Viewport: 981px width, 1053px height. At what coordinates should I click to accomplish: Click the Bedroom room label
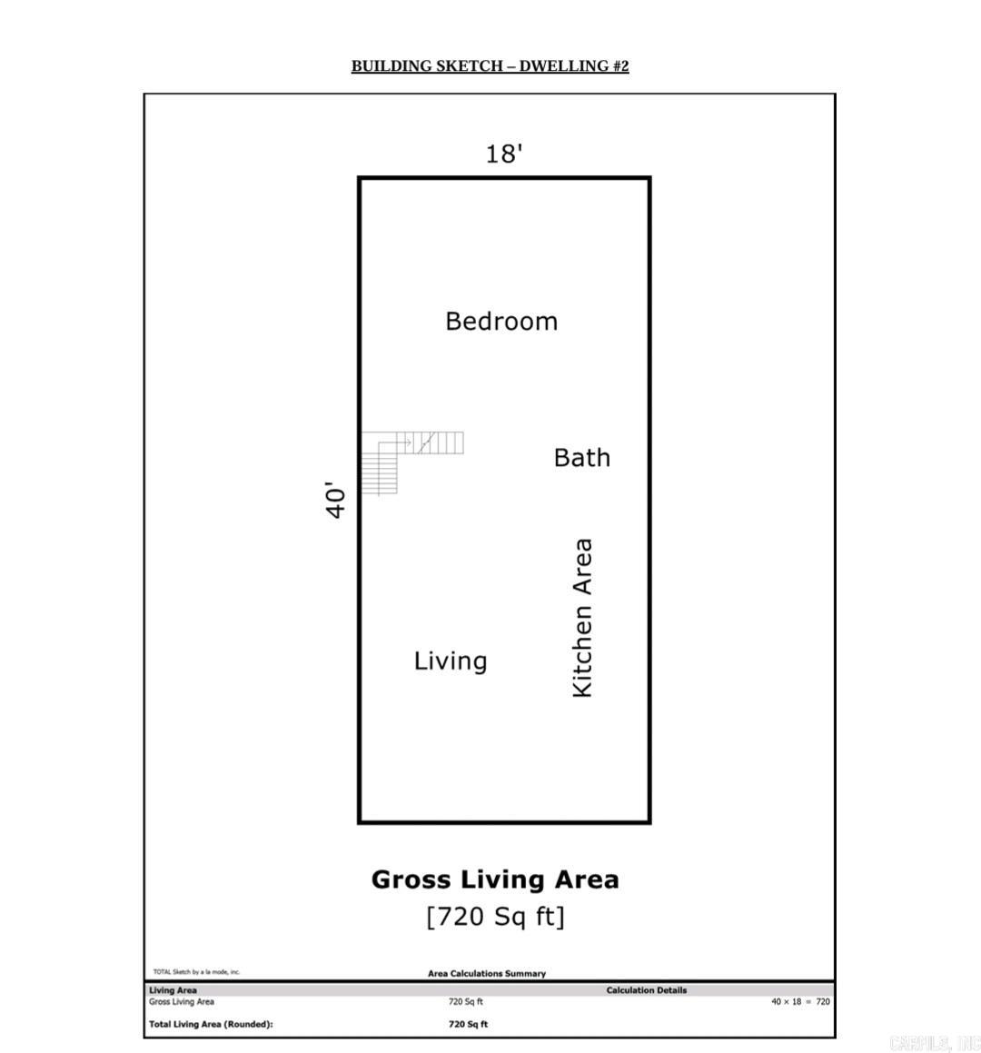pos(501,322)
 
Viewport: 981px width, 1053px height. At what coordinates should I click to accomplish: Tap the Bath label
pos(582,457)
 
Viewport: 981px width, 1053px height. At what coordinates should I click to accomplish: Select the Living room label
pos(451,661)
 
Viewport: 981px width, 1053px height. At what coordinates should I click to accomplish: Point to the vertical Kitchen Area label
pos(582,618)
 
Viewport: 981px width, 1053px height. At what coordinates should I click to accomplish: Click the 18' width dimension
pos(503,154)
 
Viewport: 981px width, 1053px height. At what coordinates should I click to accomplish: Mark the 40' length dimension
pos(336,501)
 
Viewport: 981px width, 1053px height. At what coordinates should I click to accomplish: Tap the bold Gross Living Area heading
pos(495,879)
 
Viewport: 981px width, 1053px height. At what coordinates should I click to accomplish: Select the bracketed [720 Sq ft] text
pos(495,916)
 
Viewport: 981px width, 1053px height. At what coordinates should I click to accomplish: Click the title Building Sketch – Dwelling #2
pos(490,66)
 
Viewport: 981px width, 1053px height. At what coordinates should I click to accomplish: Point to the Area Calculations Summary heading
pos(487,973)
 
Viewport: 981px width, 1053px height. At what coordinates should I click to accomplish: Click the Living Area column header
pos(173,990)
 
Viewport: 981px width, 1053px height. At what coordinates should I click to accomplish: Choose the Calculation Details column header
pos(647,990)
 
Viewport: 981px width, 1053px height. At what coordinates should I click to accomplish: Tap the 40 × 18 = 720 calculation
pos(800,1002)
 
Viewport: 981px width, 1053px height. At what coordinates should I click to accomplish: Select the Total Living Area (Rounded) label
pos(211,1024)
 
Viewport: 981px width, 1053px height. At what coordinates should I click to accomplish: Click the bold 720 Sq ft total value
pos(468,1024)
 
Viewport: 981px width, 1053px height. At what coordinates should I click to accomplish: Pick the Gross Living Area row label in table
pos(182,1002)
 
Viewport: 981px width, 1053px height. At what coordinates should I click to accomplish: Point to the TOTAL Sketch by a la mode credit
pos(196,971)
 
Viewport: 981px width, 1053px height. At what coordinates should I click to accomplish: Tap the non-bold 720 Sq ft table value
pos(466,1002)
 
